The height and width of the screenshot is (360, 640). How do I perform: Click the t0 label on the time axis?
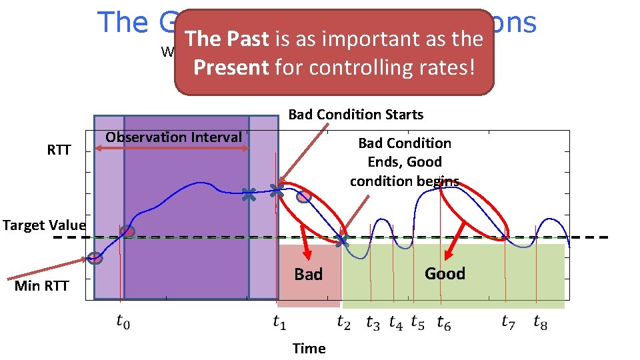[x=123, y=323]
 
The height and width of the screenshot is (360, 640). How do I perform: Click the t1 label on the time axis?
[x=280, y=323]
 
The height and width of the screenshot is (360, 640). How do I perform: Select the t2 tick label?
[x=343, y=323]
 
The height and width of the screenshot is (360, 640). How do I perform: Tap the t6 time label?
[x=443, y=323]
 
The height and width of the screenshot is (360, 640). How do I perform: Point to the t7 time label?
[x=509, y=323]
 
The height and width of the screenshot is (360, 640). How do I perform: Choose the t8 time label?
[x=541, y=323]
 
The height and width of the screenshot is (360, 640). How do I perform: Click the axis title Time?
[x=309, y=348]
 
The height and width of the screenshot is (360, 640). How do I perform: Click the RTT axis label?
[x=59, y=150]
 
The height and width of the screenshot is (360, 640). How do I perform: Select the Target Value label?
[x=44, y=225]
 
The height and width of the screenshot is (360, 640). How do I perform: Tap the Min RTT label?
[x=41, y=286]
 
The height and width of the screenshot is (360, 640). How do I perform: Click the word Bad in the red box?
[x=308, y=274]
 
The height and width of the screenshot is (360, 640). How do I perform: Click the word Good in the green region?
[x=445, y=273]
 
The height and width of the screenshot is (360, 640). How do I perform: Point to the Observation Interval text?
[x=173, y=137]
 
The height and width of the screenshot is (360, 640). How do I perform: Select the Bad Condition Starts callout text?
[x=355, y=115]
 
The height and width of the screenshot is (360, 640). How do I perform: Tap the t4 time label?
[x=396, y=323]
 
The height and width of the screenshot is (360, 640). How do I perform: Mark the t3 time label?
[x=373, y=323]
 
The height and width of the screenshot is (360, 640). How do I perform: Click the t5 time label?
[x=417, y=323]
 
